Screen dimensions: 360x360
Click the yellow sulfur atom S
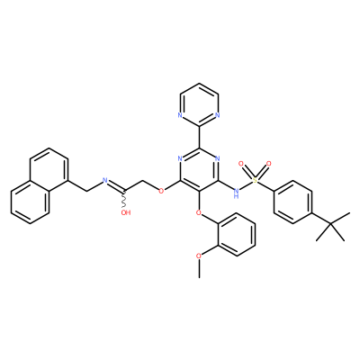pos(255,180)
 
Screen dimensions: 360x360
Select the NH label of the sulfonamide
pos(237,193)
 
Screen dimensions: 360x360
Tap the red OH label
pos(126,212)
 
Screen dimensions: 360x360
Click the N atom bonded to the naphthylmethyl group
pos(105,180)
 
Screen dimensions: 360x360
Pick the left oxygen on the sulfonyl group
pos(240,164)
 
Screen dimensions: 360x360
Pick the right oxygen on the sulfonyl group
pos(269,164)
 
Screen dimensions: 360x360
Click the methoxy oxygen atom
pos(199,256)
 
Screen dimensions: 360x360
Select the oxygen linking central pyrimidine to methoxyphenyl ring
pos(199,212)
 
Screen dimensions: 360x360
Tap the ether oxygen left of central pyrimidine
pos(161,191)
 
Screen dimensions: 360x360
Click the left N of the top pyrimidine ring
pos(180,115)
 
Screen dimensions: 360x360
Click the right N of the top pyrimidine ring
pos(218,115)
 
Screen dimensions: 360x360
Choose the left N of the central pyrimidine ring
pos(180,158)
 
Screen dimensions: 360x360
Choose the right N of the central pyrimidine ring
pos(218,158)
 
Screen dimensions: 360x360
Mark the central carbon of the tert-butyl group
pos(330,223)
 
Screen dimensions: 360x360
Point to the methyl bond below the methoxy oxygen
pos(199,269)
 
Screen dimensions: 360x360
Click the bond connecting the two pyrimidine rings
pos(199,137)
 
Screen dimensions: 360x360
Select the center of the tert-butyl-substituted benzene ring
pos(292,202)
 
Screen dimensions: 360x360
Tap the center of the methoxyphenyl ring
pos(237,234)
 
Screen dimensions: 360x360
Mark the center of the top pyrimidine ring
pos(199,104)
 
